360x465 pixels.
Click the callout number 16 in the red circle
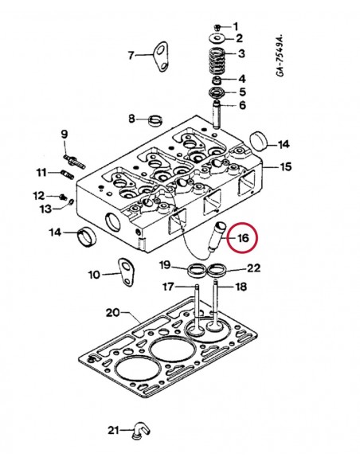(x=244, y=236)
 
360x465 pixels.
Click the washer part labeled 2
(x=217, y=37)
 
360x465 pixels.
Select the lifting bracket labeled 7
(x=162, y=54)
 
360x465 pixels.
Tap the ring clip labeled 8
(x=157, y=121)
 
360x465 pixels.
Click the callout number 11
(x=41, y=172)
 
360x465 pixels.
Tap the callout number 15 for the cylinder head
(x=284, y=167)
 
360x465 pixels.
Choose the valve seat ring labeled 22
(x=215, y=272)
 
